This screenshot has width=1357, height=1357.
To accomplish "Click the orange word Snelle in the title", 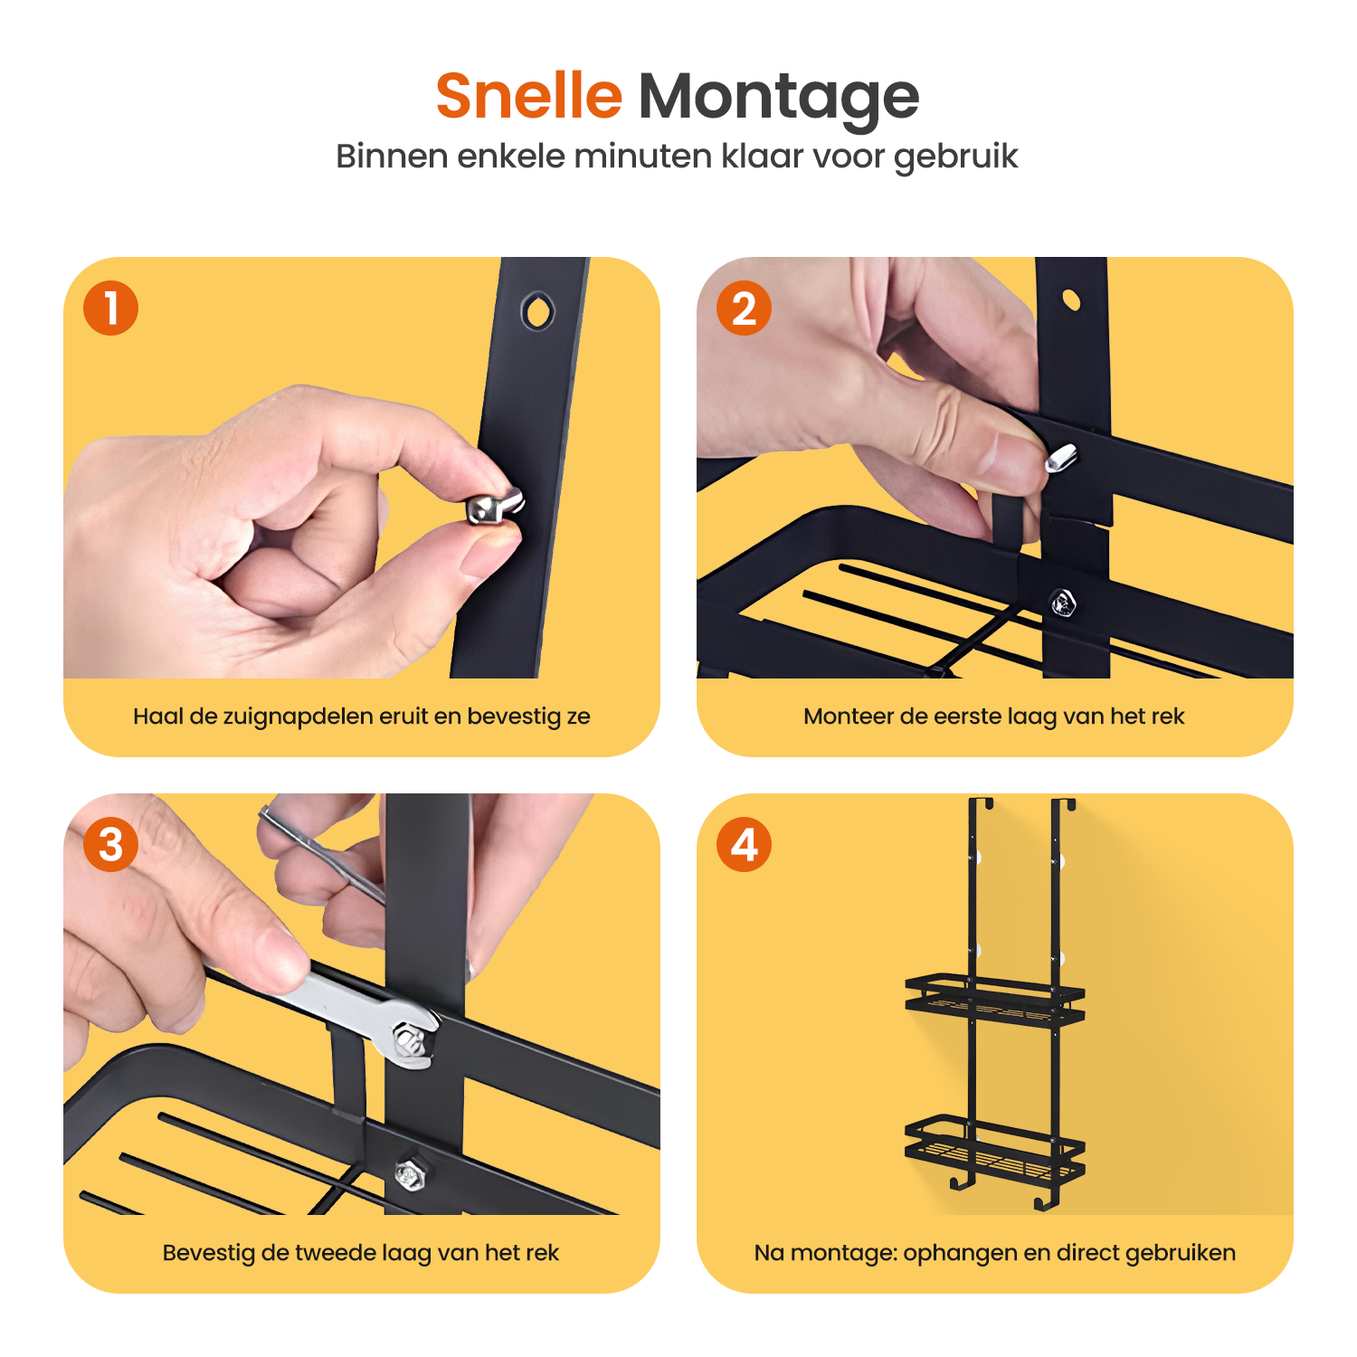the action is click(x=529, y=96).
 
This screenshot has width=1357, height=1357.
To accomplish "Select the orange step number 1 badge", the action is click(x=110, y=308).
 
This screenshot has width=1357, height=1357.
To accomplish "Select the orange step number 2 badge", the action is click(x=744, y=308).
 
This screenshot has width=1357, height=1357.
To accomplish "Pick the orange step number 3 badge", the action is click(x=110, y=844).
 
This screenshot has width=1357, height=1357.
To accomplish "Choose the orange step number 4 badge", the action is click(x=744, y=844).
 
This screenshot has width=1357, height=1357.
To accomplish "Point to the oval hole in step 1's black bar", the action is click(x=537, y=311).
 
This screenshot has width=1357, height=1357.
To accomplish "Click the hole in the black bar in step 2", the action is click(x=1071, y=300).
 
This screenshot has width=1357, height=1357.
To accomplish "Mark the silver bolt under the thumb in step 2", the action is click(x=1060, y=457).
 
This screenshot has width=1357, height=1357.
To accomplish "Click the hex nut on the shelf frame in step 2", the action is click(x=1062, y=603).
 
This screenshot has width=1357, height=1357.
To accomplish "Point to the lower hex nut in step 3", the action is click(x=410, y=1174).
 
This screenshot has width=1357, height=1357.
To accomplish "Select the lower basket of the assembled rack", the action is click(x=995, y=1149).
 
